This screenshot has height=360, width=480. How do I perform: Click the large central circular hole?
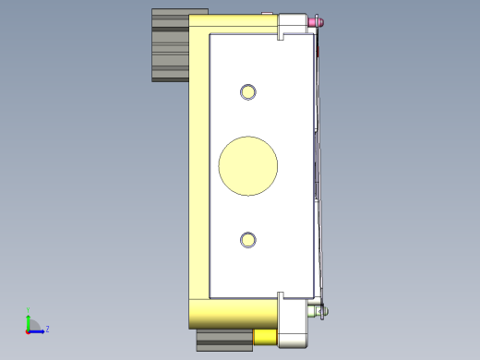pos(247,166)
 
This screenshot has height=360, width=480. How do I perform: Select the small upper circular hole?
pos(247,91)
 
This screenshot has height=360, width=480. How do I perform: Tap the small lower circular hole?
pos(247,240)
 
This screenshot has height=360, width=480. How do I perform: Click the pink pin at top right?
pos(318,20)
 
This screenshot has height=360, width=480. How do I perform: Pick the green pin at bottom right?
pos(321,311)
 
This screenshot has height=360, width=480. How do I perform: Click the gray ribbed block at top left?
pos(170,44)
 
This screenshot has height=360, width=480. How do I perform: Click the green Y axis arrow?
pos(28,319)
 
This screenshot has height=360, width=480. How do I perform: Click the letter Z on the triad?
pos(47,329)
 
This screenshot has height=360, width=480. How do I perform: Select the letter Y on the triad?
pos(28,311)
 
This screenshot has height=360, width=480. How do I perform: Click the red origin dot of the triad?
pos(27,330)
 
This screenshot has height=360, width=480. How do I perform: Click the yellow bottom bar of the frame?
pos(231,313)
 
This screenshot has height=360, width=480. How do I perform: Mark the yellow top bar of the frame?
pos(231,24)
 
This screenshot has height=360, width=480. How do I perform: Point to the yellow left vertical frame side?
pos(198,166)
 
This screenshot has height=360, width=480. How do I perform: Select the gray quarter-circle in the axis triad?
pos(32,325)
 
